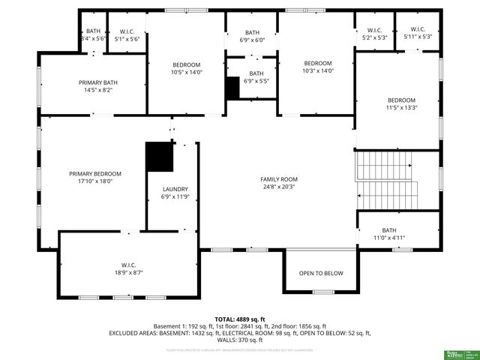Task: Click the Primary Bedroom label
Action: click(x=95, y=173)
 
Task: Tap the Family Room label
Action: click(x=279, y=179)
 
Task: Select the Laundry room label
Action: click(x=175, y=189)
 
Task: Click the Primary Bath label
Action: click(x=99, y=82)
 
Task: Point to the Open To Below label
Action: click(x=321, y=273)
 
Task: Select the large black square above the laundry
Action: click(x=159, y=157)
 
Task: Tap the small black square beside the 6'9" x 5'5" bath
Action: click(x=232, y=87)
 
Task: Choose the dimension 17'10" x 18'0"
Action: click(x=95, y=181)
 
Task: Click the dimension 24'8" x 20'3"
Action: click(x=279, y=187)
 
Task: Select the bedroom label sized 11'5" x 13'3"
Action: click(x=401, y=100)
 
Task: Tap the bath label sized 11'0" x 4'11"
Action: click(x=389, y=230)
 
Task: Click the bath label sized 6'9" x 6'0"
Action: click(x=253, y=33)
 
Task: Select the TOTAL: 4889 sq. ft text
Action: click(x=240, y=319)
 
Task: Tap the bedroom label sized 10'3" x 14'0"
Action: click(x=317, y=63)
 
